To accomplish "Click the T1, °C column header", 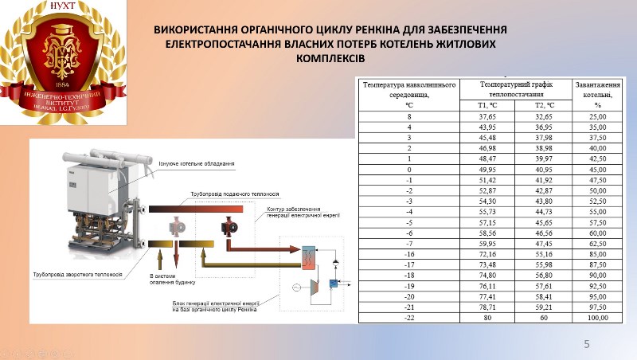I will coord(487,105).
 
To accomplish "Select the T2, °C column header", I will coord(545,105).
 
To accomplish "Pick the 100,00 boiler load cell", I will coord(597,317).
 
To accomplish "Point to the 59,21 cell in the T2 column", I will coord(545,306).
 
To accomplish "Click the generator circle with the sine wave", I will coord(297,287).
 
